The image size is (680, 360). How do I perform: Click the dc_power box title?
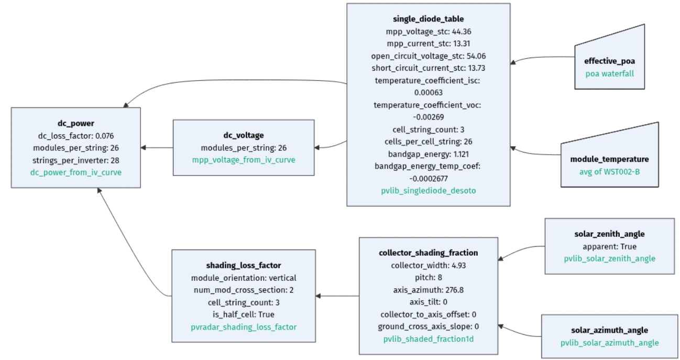(x=76, y=124)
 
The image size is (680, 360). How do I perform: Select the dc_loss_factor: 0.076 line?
(x=76, y=136)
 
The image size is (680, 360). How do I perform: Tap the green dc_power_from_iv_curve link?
(x=76, y=172)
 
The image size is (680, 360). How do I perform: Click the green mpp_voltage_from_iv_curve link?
(x=244, y=160)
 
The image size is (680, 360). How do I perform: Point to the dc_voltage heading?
(x=244, y=136)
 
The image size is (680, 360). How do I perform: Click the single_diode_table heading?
(x=428, y=19)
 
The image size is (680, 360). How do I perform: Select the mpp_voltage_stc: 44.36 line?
(x=428, y=31)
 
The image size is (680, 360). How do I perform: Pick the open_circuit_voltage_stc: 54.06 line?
(x=428, y=56)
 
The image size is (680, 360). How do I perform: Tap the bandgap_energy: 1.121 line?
(x=428, y=154)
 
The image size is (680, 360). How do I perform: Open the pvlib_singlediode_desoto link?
(x=428, y=191)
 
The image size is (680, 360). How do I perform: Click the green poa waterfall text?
(x=609, y=74)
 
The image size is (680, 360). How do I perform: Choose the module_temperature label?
(x=609, y=159)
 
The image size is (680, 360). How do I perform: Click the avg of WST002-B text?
(x=609, y=171)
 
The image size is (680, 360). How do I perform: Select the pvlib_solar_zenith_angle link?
(x=609, y=258)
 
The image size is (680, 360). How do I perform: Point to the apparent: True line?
(x=609, y=246)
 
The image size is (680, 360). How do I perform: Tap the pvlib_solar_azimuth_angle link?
(x=609, y=343)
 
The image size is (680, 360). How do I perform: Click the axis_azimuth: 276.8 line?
(x=428, y=289)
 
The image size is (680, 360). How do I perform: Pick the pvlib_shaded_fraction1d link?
(x=428, y=339)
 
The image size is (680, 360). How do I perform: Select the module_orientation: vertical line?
(x=244, y=278)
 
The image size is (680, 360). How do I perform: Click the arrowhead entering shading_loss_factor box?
(x=319, y=296)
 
